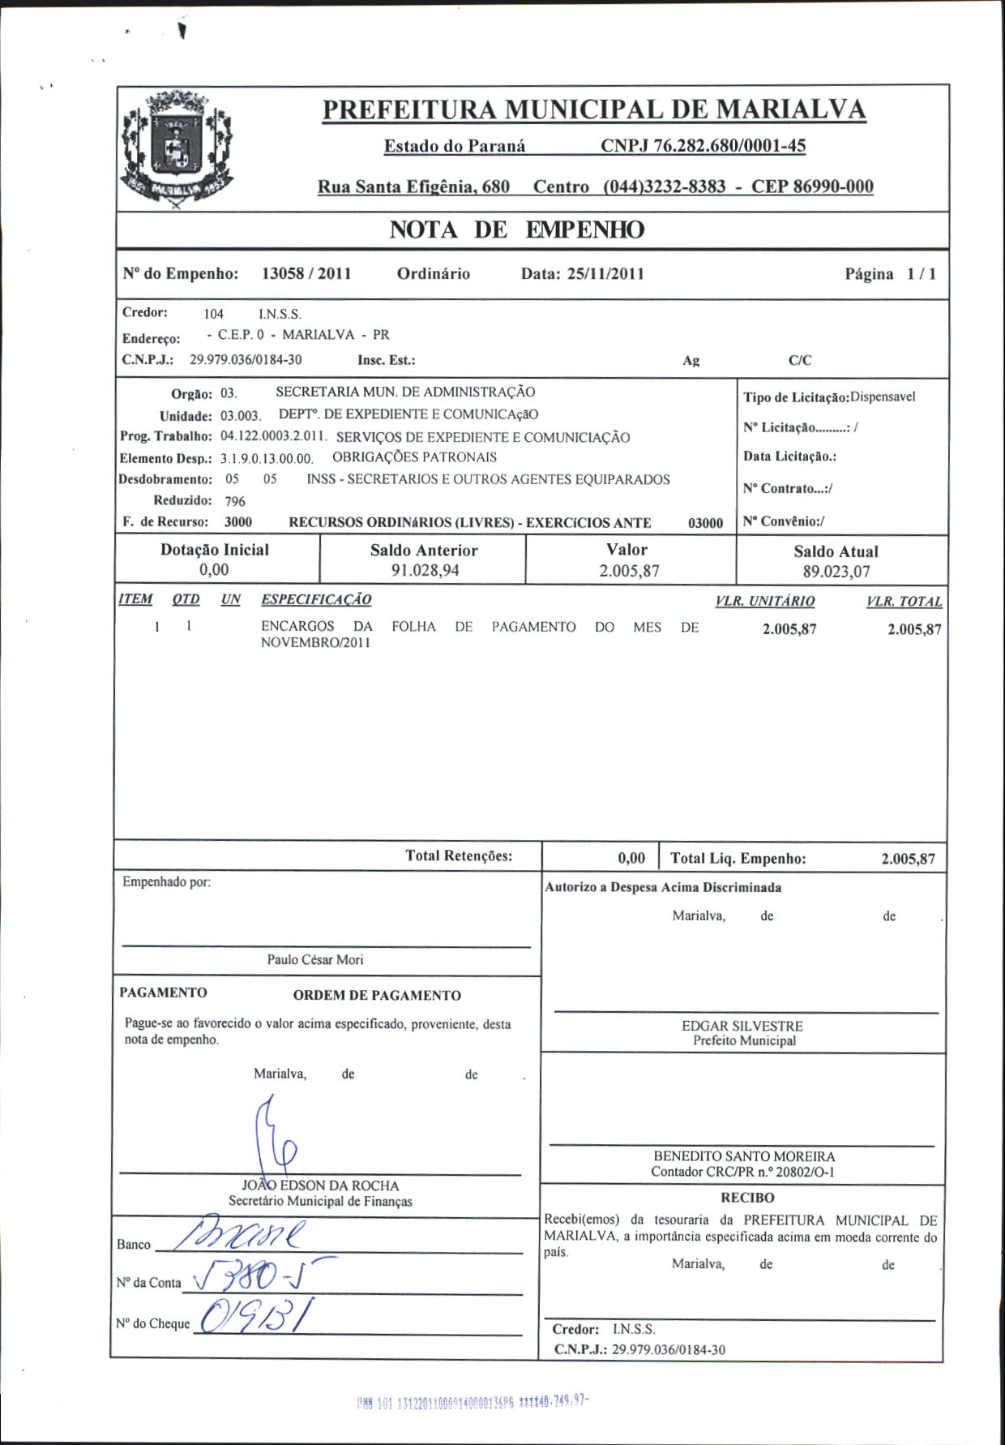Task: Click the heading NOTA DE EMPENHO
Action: click(517, 230)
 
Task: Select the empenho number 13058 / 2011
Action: click(306, 273)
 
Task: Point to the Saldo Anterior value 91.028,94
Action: click(425, 571)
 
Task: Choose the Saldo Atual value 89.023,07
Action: click(836, 572)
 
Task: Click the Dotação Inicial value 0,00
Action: click(214, 570)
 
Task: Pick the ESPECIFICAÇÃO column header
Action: click(316, 600)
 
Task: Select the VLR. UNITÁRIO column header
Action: click(765, 602)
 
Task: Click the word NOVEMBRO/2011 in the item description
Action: click(315, 643)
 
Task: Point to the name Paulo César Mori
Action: click(315, 960)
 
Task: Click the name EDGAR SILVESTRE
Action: click(742, 1026)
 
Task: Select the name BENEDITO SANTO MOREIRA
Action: click(744, 1156)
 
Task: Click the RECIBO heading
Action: click(747, 1198)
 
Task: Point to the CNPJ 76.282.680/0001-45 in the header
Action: click(703, 147)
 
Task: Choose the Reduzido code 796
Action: click(235, 501)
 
